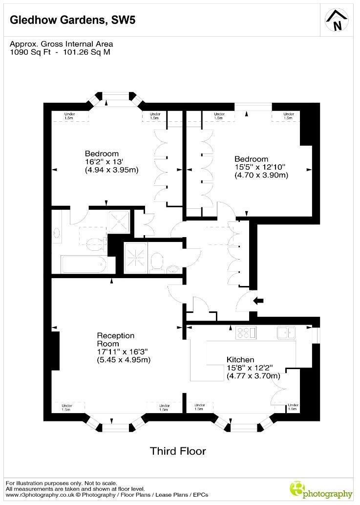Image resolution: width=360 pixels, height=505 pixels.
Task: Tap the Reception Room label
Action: coord(115,340)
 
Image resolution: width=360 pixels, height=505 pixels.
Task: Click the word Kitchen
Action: coord(240,360)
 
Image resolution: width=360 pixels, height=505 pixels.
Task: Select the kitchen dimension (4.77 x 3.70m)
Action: coord(253,376)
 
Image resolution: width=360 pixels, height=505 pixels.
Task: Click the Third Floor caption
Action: coord(178,451)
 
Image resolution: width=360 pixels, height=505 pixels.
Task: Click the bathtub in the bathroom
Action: coord(83,264)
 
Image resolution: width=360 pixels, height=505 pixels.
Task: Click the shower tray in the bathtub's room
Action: coord(117,220)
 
